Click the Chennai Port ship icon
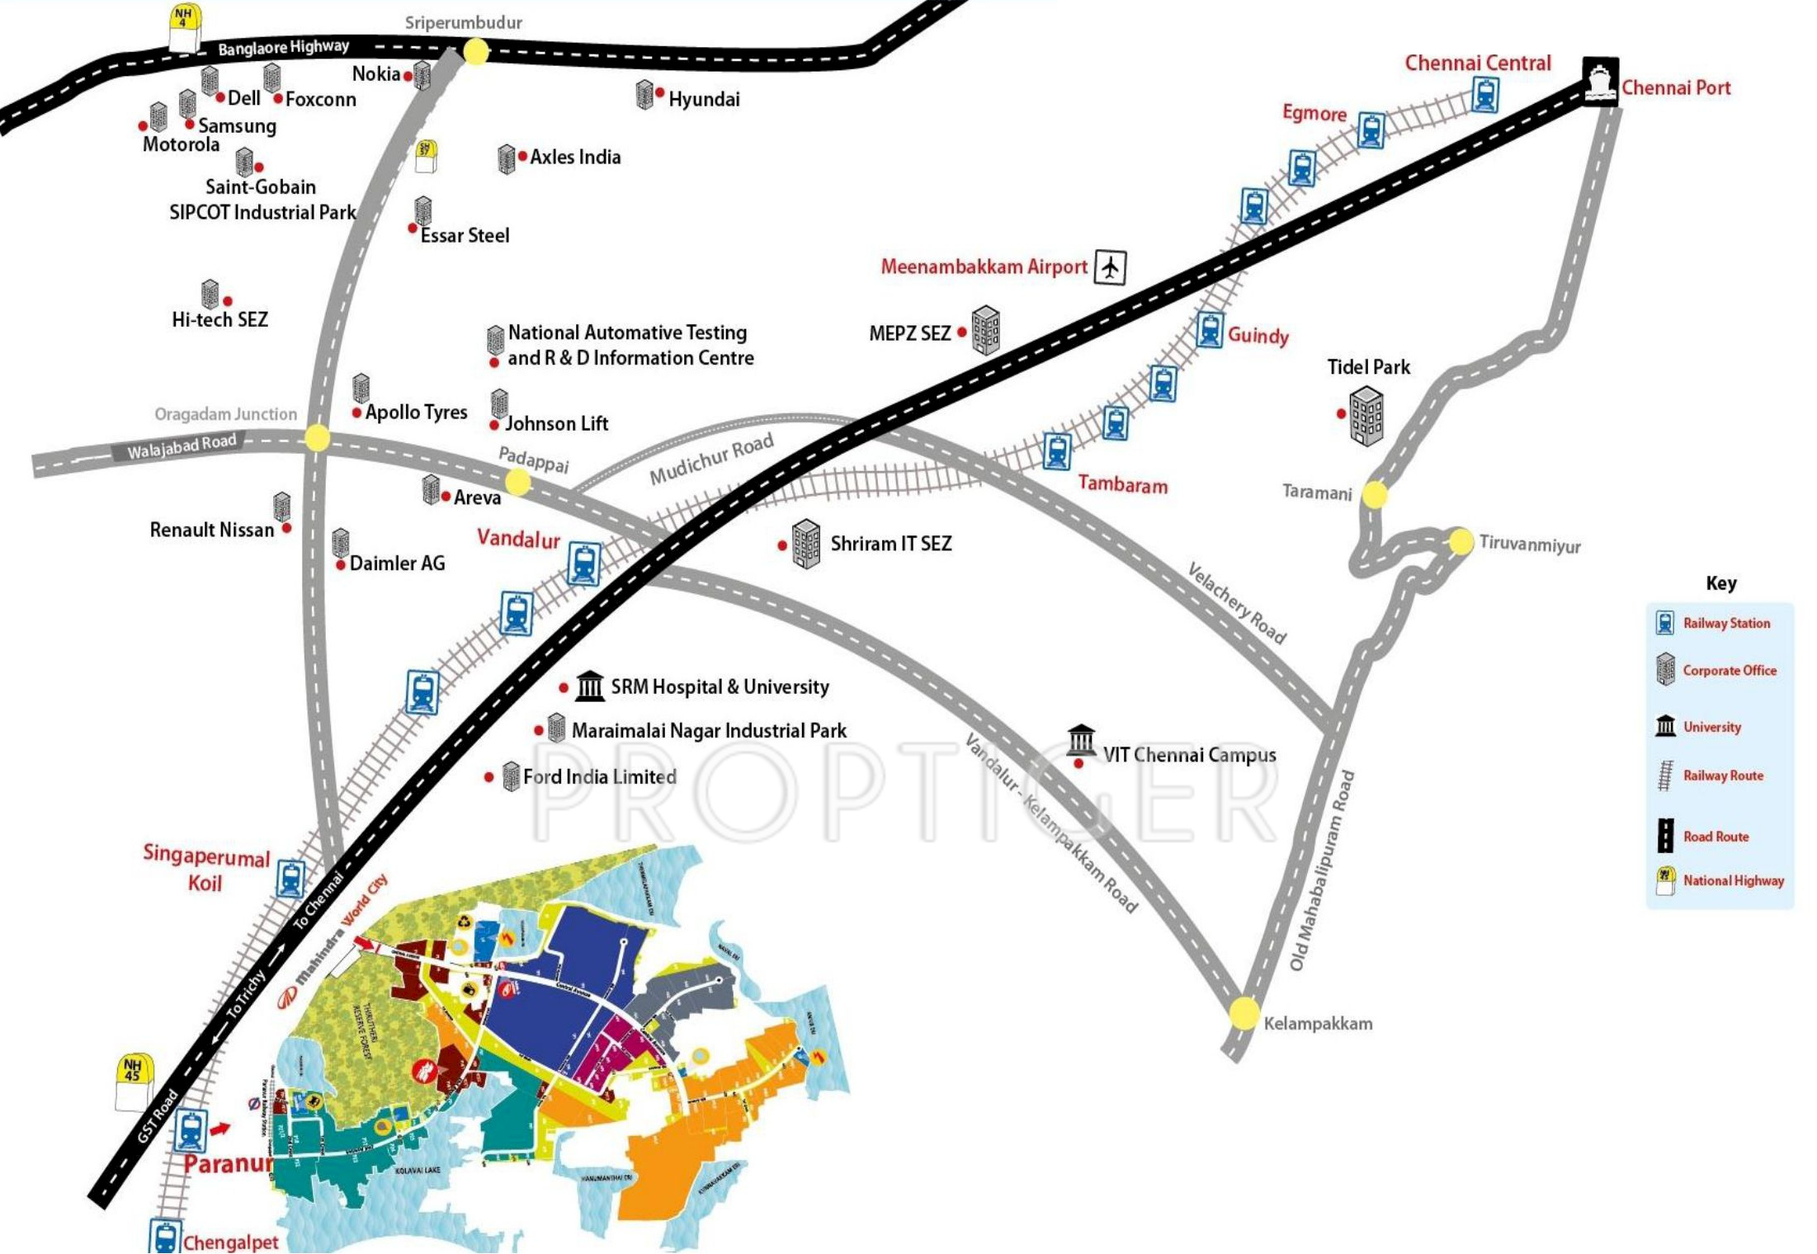(1599, 81)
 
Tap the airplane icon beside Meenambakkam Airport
(1110, 267)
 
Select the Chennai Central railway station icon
(1484, 94)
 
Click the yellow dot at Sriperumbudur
(476, 52)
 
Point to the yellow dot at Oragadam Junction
(317, 437)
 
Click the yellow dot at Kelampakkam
(1244, 1012)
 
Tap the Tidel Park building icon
(1366, 416)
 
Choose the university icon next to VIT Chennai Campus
(1081, 740)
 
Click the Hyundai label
(704, 100)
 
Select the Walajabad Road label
(182, 446)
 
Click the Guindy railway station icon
(1210, 330)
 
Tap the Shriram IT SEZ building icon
(805, 544)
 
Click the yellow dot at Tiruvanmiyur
(1461, 541)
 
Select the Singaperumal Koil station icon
(290, 879)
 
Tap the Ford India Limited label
(599, 777)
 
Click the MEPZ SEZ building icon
(985, 330)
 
